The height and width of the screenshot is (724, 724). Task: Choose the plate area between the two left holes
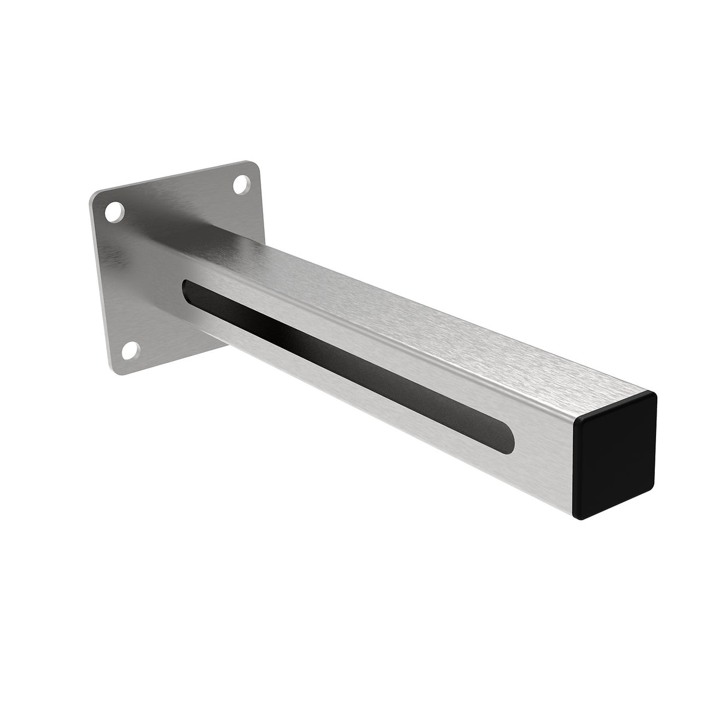(x=122, y=280)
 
